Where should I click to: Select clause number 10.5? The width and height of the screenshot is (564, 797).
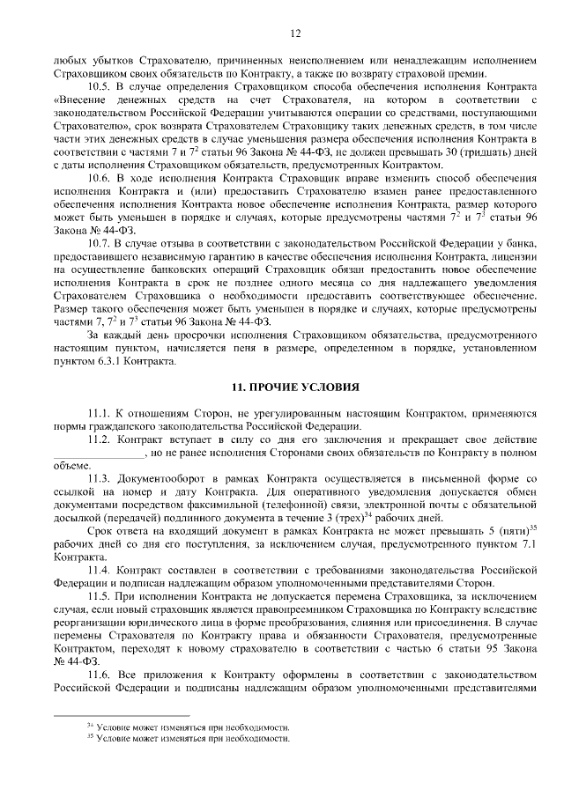coord(100,89)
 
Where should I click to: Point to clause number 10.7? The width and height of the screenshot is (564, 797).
coord(100,241)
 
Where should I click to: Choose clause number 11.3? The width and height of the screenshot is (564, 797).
coord(100,476)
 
